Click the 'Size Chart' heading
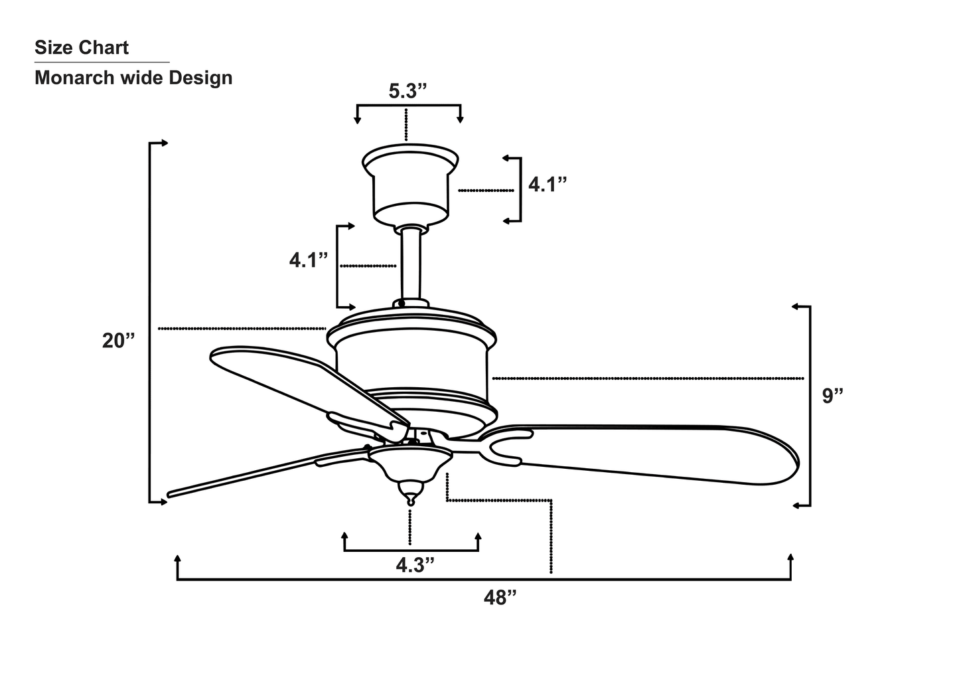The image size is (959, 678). pos(82,48)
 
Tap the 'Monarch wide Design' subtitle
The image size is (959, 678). pos(133,78)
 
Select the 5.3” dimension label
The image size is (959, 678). pos(407,91)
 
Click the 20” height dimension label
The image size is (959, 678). pos(118,341)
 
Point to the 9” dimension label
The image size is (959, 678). pos(832,396)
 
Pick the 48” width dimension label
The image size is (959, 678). pos(499,598)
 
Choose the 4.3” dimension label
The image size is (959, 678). pos(415,565)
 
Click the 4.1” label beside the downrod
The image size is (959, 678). pos(309,260)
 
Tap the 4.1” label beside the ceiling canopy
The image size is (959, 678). pos(548,185)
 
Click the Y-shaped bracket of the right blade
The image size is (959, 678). pos(504,446)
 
